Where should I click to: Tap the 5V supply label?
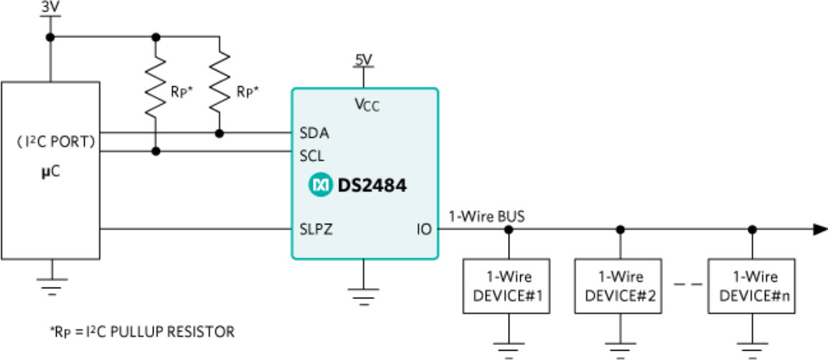[364, 59]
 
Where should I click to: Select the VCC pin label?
[366, 105]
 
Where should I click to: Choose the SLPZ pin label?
[315, 230]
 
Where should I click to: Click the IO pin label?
[423, 230]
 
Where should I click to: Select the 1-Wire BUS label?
[476, 215]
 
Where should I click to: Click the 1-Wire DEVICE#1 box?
[509, 285]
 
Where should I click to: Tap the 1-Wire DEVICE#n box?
[752, 285]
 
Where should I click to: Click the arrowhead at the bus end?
[819, 230]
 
